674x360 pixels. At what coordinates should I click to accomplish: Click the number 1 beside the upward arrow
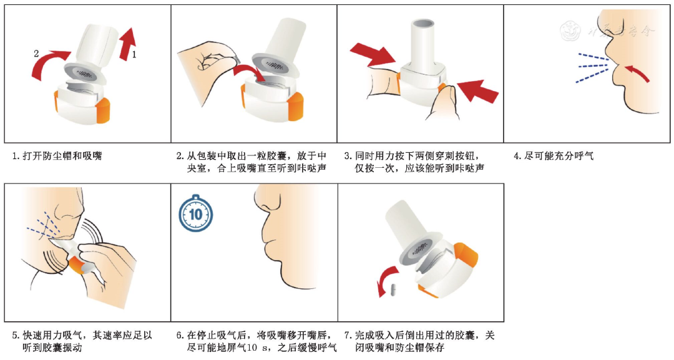click(134, 54)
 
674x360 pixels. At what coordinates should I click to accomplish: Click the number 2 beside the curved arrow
click(37, 54)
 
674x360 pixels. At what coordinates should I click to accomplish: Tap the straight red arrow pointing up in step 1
click(127, 44)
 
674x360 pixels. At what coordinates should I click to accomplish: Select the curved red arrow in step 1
click(48, 64)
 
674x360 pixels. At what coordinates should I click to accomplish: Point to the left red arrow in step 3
click(372, 54)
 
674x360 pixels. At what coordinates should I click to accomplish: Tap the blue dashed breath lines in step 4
click(592, 67)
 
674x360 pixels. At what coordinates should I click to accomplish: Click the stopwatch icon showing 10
click(195, 213)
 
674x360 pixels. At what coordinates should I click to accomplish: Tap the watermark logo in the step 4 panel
click(571, 31)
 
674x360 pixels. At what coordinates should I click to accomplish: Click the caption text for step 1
click(57, 156)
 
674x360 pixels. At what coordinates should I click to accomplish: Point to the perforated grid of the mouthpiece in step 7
click(420, 249)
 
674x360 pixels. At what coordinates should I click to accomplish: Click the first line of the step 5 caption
click(82, 335)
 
